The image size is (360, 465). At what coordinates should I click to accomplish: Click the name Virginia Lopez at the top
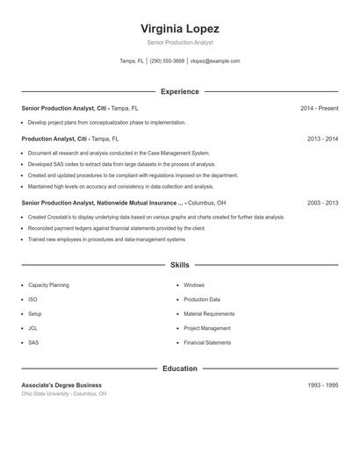tap(179, 28)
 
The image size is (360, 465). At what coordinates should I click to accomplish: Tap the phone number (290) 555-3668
tap(167, 61)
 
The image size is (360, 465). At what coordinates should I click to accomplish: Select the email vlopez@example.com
tap(215, 61)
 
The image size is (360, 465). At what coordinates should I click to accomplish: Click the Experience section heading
tap(179, 91)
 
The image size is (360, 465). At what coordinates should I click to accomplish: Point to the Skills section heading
tap(179, 264)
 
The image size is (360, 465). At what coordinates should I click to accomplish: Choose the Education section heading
tap(179, 368)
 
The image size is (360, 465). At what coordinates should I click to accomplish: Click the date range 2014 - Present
tap(319, 108)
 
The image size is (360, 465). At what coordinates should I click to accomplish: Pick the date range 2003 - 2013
tap(322, 202)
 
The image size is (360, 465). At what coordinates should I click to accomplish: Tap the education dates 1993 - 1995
tap(322, 385)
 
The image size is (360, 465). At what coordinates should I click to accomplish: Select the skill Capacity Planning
tap(48, 285)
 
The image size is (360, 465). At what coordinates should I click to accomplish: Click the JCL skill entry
tap(33, 328)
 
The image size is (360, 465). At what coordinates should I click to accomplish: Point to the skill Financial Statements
tap(207, 342)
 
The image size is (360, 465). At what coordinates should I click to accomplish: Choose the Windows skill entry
tap(194, 285)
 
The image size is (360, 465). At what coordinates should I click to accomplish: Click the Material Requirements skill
tap(209, 313)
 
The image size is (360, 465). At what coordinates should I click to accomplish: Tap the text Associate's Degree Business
tap(61, 385)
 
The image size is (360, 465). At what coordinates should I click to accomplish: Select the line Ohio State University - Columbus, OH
tap(64, 394)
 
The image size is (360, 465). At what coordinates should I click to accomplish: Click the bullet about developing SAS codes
tap(121, 163)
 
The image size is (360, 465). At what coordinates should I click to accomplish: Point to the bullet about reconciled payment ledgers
tap(117, 228)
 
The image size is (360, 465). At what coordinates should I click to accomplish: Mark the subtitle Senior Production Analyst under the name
tap(179, 42)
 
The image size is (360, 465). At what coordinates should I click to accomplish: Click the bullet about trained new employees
tap(106, 239)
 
